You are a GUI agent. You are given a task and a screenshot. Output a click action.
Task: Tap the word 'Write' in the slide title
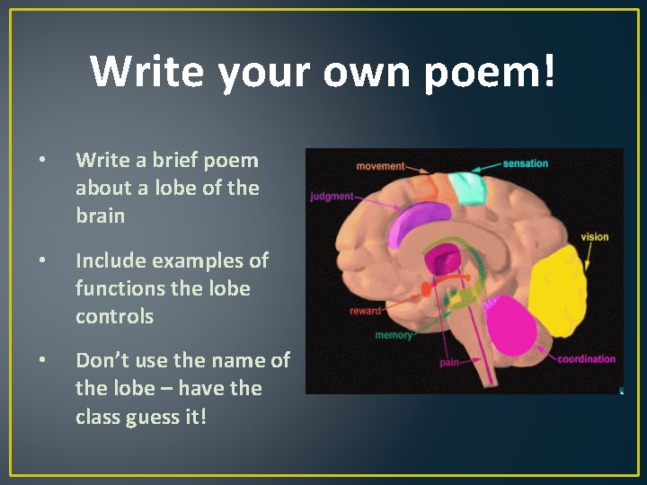[x=147, y=72]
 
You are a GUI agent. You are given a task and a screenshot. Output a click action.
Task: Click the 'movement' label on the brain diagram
[x=381, y=166]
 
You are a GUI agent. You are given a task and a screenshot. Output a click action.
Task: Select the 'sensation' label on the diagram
[x=525, y=163]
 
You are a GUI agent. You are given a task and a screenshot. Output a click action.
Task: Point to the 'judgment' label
[x=332, y=196]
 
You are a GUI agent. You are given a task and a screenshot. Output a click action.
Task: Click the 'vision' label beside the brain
[x=594, y=237]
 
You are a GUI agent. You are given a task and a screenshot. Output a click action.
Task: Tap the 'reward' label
[x=366, y=311]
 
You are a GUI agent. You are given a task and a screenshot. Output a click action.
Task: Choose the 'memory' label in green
[x=394, y=335]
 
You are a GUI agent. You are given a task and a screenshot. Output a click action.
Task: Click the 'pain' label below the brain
[x=450, y=364]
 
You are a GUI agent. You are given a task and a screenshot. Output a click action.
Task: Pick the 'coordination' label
[x=586, y=359]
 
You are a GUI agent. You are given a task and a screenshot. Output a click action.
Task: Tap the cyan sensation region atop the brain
[x=466, y=187]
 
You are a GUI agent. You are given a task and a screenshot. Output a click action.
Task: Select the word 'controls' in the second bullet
[x=114, y=317]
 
